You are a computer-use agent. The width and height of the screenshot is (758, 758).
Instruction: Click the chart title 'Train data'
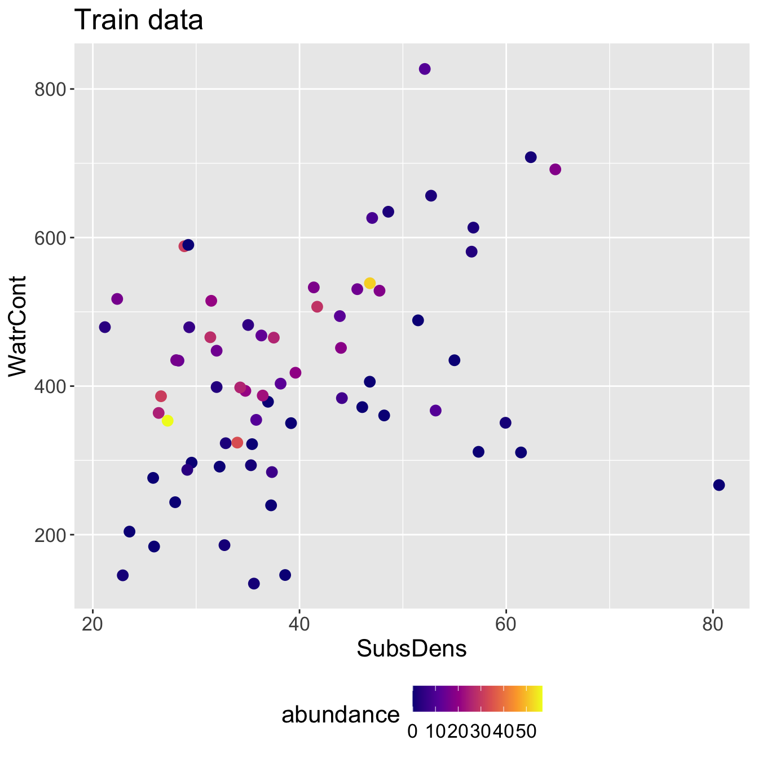click(139, 21)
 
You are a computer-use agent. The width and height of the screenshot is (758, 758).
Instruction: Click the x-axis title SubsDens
click(412, 649)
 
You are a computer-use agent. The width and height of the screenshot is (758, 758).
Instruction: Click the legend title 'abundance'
click(341, 715)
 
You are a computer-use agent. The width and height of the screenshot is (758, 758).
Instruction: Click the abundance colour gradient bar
click(477, 699)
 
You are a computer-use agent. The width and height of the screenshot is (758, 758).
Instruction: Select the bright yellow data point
click(168, 421)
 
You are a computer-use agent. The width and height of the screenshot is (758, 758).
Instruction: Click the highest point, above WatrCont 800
click(425, 69)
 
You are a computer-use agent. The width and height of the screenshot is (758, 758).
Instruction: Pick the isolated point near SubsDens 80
click(719, 485)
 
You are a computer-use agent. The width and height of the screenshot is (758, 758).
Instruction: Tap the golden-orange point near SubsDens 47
click(370, 283)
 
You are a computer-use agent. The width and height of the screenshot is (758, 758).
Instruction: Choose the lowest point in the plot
click(254, 583)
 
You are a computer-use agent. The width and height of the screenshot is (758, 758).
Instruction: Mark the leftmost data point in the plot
click(105, 327)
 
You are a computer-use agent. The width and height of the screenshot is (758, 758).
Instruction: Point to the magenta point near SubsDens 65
click(555, 170)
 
